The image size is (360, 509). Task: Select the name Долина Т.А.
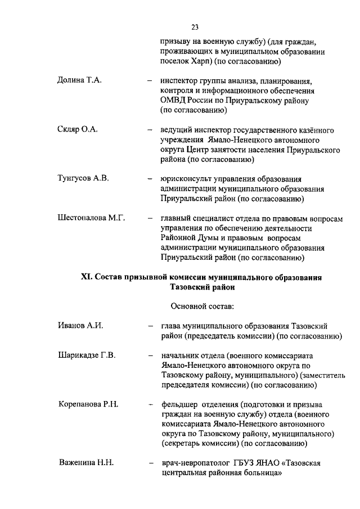(80, 80)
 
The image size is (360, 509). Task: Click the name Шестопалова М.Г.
(91, 218)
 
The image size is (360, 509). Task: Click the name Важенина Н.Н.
(87, 463)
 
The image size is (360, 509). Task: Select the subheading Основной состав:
(201, 306)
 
